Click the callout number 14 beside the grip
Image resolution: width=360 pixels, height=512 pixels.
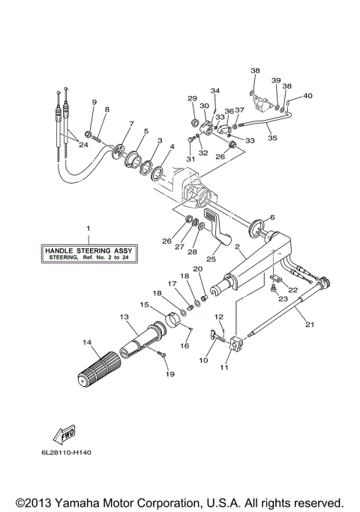[86, 343]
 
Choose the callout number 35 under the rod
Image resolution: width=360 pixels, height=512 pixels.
[271, 138]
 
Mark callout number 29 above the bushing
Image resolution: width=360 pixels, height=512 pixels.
[193, 99]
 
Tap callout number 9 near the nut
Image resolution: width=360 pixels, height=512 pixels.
[94, 102]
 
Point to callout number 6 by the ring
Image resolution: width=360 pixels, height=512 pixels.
[271, 217]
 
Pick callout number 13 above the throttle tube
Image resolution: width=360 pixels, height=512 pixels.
[124, 318]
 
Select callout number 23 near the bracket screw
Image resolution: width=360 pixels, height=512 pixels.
[283, 298]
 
